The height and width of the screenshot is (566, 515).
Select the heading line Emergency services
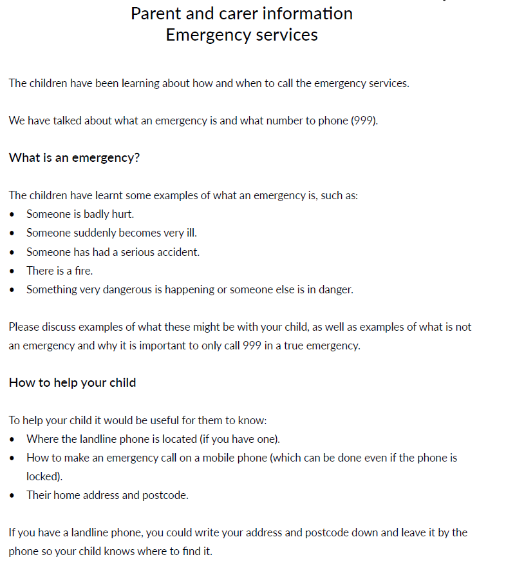point(241,35)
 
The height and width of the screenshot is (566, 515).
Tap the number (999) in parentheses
point(364,121)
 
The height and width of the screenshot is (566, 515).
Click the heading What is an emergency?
point(74,158)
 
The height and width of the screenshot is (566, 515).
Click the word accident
point(178,252)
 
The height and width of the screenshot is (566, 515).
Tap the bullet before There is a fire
point(13,271)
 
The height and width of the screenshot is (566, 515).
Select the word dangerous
point(126,289)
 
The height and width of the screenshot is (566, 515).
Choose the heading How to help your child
point(72,383)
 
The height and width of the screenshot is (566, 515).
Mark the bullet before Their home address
point(13,496)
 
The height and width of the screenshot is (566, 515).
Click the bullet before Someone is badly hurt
point(13,215)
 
